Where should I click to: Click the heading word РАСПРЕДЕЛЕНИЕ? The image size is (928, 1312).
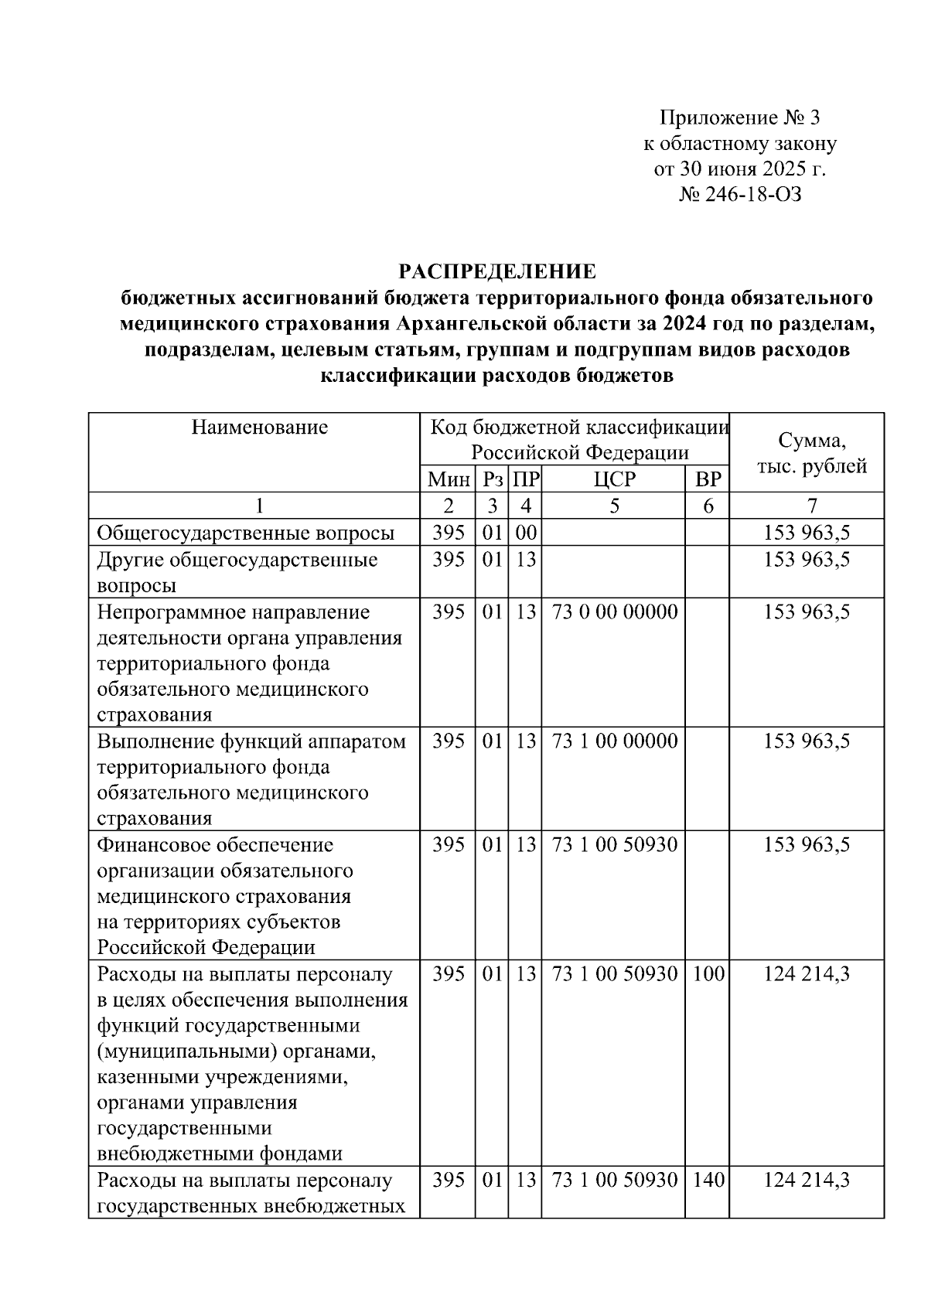tap(496, 271)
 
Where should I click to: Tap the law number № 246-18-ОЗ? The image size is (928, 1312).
tap(739, 194)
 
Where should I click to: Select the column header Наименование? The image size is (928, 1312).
tap(260, 427)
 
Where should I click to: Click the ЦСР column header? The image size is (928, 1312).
tap(614, 479)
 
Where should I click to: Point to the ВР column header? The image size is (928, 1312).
tap(708, 479)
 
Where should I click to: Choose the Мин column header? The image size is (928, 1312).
tap(449, 479)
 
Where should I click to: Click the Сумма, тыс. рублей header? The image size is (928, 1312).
tap(811, 454)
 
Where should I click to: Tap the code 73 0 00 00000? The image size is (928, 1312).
tap(615, 612)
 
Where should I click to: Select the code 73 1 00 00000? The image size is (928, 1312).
tap(615, 741)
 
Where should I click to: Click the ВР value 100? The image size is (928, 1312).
tap(708, 974)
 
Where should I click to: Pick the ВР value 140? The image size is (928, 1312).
tap(708, 1181)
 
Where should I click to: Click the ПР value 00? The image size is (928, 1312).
tap(526, 533)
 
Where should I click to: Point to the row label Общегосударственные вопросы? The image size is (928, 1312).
tap(246, 533)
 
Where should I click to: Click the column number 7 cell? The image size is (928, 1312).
tap(811, 506)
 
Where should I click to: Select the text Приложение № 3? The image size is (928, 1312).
tap(739, 118)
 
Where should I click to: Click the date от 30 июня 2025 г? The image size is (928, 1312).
tap(739, 169)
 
